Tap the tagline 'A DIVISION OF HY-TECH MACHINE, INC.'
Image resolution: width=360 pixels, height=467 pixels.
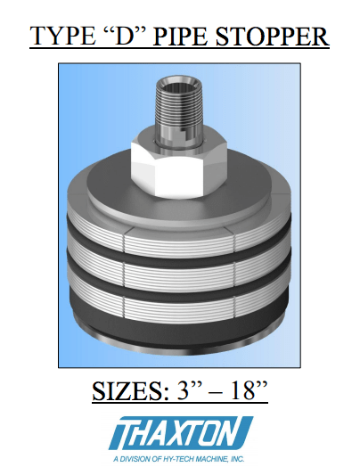click(x=180, y=458)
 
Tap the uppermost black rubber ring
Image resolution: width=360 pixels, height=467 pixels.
click(x=178, y=250)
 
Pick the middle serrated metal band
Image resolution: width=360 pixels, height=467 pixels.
click(x=178, y=273)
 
